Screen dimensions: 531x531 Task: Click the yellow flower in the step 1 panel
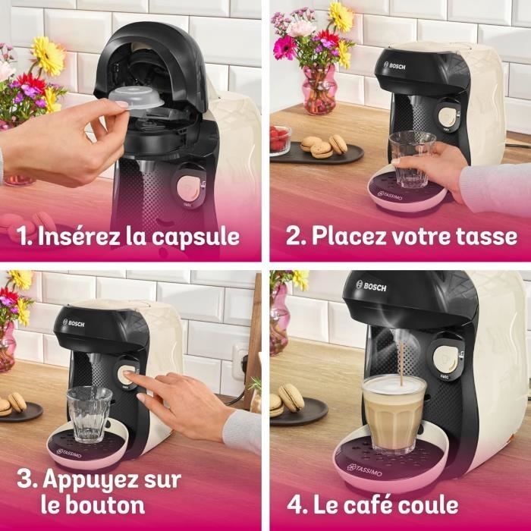tap(49, 56)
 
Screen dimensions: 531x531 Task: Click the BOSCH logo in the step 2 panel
tap(395, 66)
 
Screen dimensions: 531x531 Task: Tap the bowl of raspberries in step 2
tap(279, 140)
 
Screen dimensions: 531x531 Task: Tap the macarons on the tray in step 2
tap(323, 146)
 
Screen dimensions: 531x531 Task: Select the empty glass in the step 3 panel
tap(89, 413)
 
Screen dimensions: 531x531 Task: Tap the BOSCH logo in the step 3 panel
tap(74, 323)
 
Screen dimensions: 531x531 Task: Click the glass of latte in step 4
tap(394, 413)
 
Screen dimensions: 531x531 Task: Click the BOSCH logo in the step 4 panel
tap(371, 286)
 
